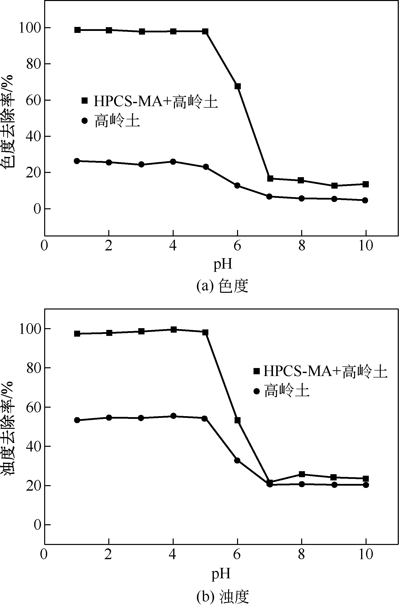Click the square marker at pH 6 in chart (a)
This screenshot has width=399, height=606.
click(x=237, y=86)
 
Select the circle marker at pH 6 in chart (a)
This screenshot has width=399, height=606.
click(x=237, y=185)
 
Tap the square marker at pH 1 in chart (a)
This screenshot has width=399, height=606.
click(x=78, y=30)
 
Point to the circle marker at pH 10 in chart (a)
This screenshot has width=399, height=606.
click(x=365, y=200)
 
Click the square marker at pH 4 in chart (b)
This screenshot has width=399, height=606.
click(x=173, y=329)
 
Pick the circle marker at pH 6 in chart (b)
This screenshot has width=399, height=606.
click(x=237, y=460)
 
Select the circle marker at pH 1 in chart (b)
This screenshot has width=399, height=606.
click(x=77, y=420)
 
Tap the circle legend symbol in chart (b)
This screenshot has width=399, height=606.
click(x=257, y=391)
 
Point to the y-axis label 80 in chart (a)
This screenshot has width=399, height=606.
click(x=34, y=64)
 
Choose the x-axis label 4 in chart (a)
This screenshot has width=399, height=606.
click(x=173, y=246)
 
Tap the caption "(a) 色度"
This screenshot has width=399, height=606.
click(x=222, y=286)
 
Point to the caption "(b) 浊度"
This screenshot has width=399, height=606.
click(x=222, y=596)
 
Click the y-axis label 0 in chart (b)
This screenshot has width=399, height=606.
click(x=38, y=525)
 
